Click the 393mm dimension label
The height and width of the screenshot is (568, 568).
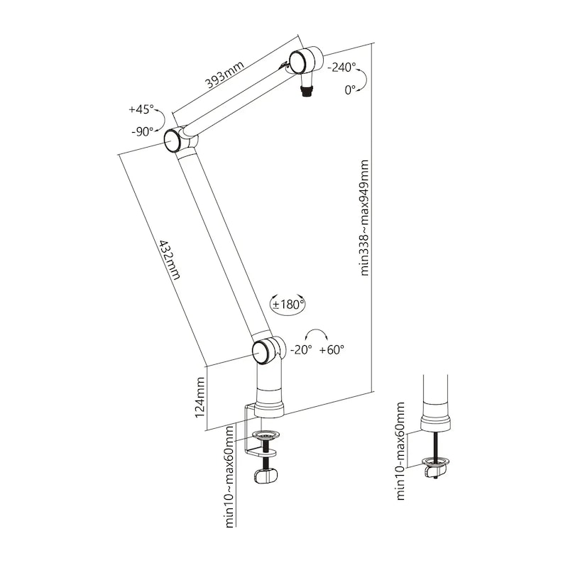pos(224,75)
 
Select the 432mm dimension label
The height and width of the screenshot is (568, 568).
pos(170,259)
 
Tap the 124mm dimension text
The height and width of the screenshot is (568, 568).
pos(200,398)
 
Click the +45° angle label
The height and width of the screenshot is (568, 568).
pos(141,109)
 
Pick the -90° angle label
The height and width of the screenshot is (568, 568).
pos(143,131)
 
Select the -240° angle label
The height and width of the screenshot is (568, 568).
pos(342,67)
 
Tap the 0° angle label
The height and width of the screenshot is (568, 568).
pos(350,90)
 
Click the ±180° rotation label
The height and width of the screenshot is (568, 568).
pos(288,305)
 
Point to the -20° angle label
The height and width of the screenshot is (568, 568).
pos(301,349)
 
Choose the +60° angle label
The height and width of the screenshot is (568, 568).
pos(332,349)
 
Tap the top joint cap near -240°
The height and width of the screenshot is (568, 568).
pos(297,62)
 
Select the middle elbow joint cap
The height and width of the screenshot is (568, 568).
pos(172,141)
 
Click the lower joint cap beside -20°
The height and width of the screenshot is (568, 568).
pos(261,351)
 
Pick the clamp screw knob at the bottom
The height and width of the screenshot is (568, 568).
pos(266,476)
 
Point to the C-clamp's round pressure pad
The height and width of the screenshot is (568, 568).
pos(267,434)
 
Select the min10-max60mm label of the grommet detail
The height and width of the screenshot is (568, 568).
pos(400,451)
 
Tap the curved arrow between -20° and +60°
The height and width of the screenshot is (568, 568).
pos(316,334)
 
